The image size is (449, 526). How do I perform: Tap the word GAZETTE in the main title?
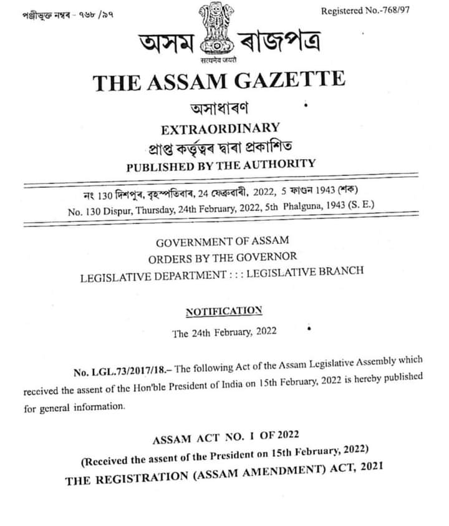click(x=294, y=80)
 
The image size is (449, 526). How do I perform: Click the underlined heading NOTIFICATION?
click(x=224, y=311)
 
